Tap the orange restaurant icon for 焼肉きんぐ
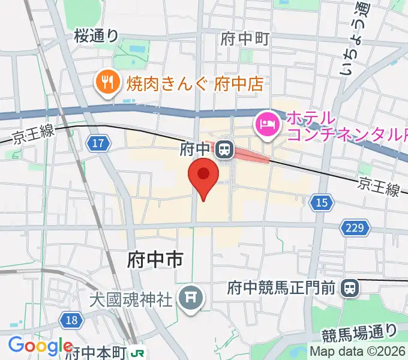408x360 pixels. [107, 83]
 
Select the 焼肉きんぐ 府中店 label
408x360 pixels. [195, 83]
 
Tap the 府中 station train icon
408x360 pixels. [225, 148]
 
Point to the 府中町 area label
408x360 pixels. [244, 39]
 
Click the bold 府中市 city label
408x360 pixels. [155, 259]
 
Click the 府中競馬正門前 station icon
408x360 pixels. [349, 289]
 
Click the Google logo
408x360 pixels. [40, 346]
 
